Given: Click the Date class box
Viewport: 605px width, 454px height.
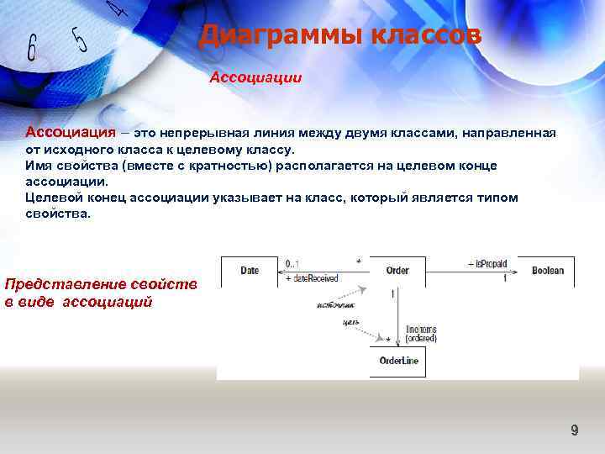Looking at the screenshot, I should (x=249, y=271).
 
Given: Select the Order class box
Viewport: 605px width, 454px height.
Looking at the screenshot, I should (x=397, y=271).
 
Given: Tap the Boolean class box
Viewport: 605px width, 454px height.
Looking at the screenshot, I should (x=547, y=271).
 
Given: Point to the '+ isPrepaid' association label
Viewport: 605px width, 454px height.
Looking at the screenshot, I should (x=487, y=263).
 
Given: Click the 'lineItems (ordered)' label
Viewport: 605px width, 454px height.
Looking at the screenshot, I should (x=420, y=335).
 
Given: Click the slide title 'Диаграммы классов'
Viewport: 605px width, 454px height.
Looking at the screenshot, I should (x=340, y=36).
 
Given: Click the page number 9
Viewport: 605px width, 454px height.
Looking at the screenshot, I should (x=575, y=430).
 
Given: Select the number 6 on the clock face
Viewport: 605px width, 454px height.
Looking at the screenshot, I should (x=32, y=48).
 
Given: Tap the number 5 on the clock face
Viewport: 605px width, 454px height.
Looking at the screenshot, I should (x=80, y=39).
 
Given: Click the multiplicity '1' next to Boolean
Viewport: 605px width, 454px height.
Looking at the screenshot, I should (x=504, y=278).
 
